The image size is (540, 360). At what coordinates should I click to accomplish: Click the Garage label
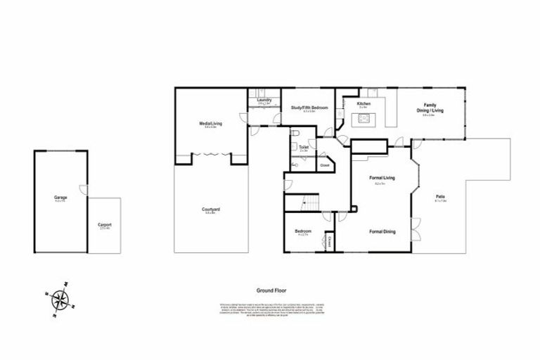pos(60,198)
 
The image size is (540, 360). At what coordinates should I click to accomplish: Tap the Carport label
pos(105,225)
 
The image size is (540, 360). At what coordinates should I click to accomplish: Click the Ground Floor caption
pos(271,290)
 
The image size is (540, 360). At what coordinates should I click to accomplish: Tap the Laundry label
pos(264,101)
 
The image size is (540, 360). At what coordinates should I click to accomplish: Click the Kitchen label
pos(364,104)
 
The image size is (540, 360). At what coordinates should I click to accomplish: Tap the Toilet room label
pos(304,148)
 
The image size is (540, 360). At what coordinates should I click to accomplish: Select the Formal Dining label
pos(382,231)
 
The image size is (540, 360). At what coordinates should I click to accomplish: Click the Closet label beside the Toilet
pos(324,166)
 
